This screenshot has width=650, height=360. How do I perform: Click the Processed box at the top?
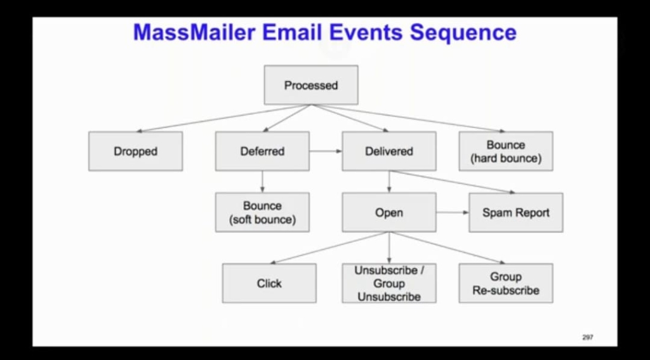[310, 85]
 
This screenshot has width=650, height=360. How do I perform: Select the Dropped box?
[135, 151]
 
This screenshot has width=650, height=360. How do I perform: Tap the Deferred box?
[262, 151]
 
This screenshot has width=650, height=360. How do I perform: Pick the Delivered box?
[388, 151]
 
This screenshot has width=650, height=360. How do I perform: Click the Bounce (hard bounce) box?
[505, 151]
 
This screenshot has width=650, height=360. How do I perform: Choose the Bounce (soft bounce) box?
[262, 213]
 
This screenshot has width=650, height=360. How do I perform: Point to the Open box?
[388, 213]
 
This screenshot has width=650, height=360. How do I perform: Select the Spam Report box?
[515, 213]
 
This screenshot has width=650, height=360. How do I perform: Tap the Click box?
[269, 283]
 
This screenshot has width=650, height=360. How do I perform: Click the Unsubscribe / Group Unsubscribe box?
[388, 283]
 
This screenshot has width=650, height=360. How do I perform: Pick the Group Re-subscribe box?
[505, 283]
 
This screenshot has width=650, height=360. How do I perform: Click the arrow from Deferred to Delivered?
[326, 151]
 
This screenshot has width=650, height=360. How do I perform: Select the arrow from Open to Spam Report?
[452, 213]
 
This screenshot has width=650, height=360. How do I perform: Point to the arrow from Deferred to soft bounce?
[262, 182]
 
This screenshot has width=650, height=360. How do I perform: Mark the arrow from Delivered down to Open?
[388, 182]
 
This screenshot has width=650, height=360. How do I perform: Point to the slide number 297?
[587, 337]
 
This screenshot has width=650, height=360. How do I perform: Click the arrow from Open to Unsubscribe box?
[388, 248]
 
